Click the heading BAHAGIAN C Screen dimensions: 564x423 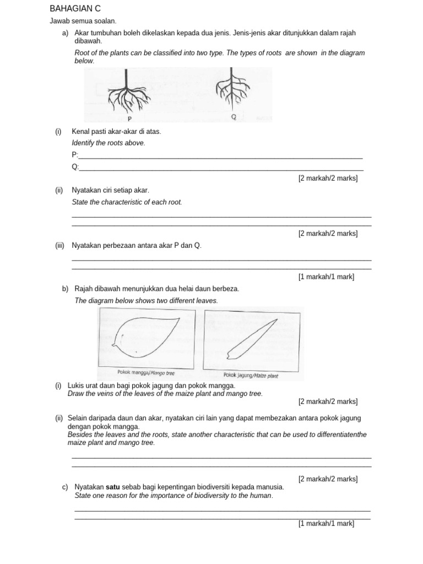(75, 9)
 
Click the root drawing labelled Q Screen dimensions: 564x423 (232, 89)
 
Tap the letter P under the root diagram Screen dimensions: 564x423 (129, 118)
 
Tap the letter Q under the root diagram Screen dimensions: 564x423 (234, 117)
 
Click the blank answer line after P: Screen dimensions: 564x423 (220, 158)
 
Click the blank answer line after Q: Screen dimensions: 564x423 (220, 170)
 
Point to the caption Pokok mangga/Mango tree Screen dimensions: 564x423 (146, 373)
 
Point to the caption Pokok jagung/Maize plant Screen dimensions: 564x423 (251, 376)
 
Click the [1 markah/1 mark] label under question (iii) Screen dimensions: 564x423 (326, 276)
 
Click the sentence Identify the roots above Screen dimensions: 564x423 (109, 143)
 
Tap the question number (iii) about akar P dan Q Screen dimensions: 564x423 (60, 245)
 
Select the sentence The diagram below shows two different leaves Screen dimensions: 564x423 (146, 301)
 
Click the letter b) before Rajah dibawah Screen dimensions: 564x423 (65, 289)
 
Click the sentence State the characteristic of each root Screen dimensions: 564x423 (127, 202)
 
